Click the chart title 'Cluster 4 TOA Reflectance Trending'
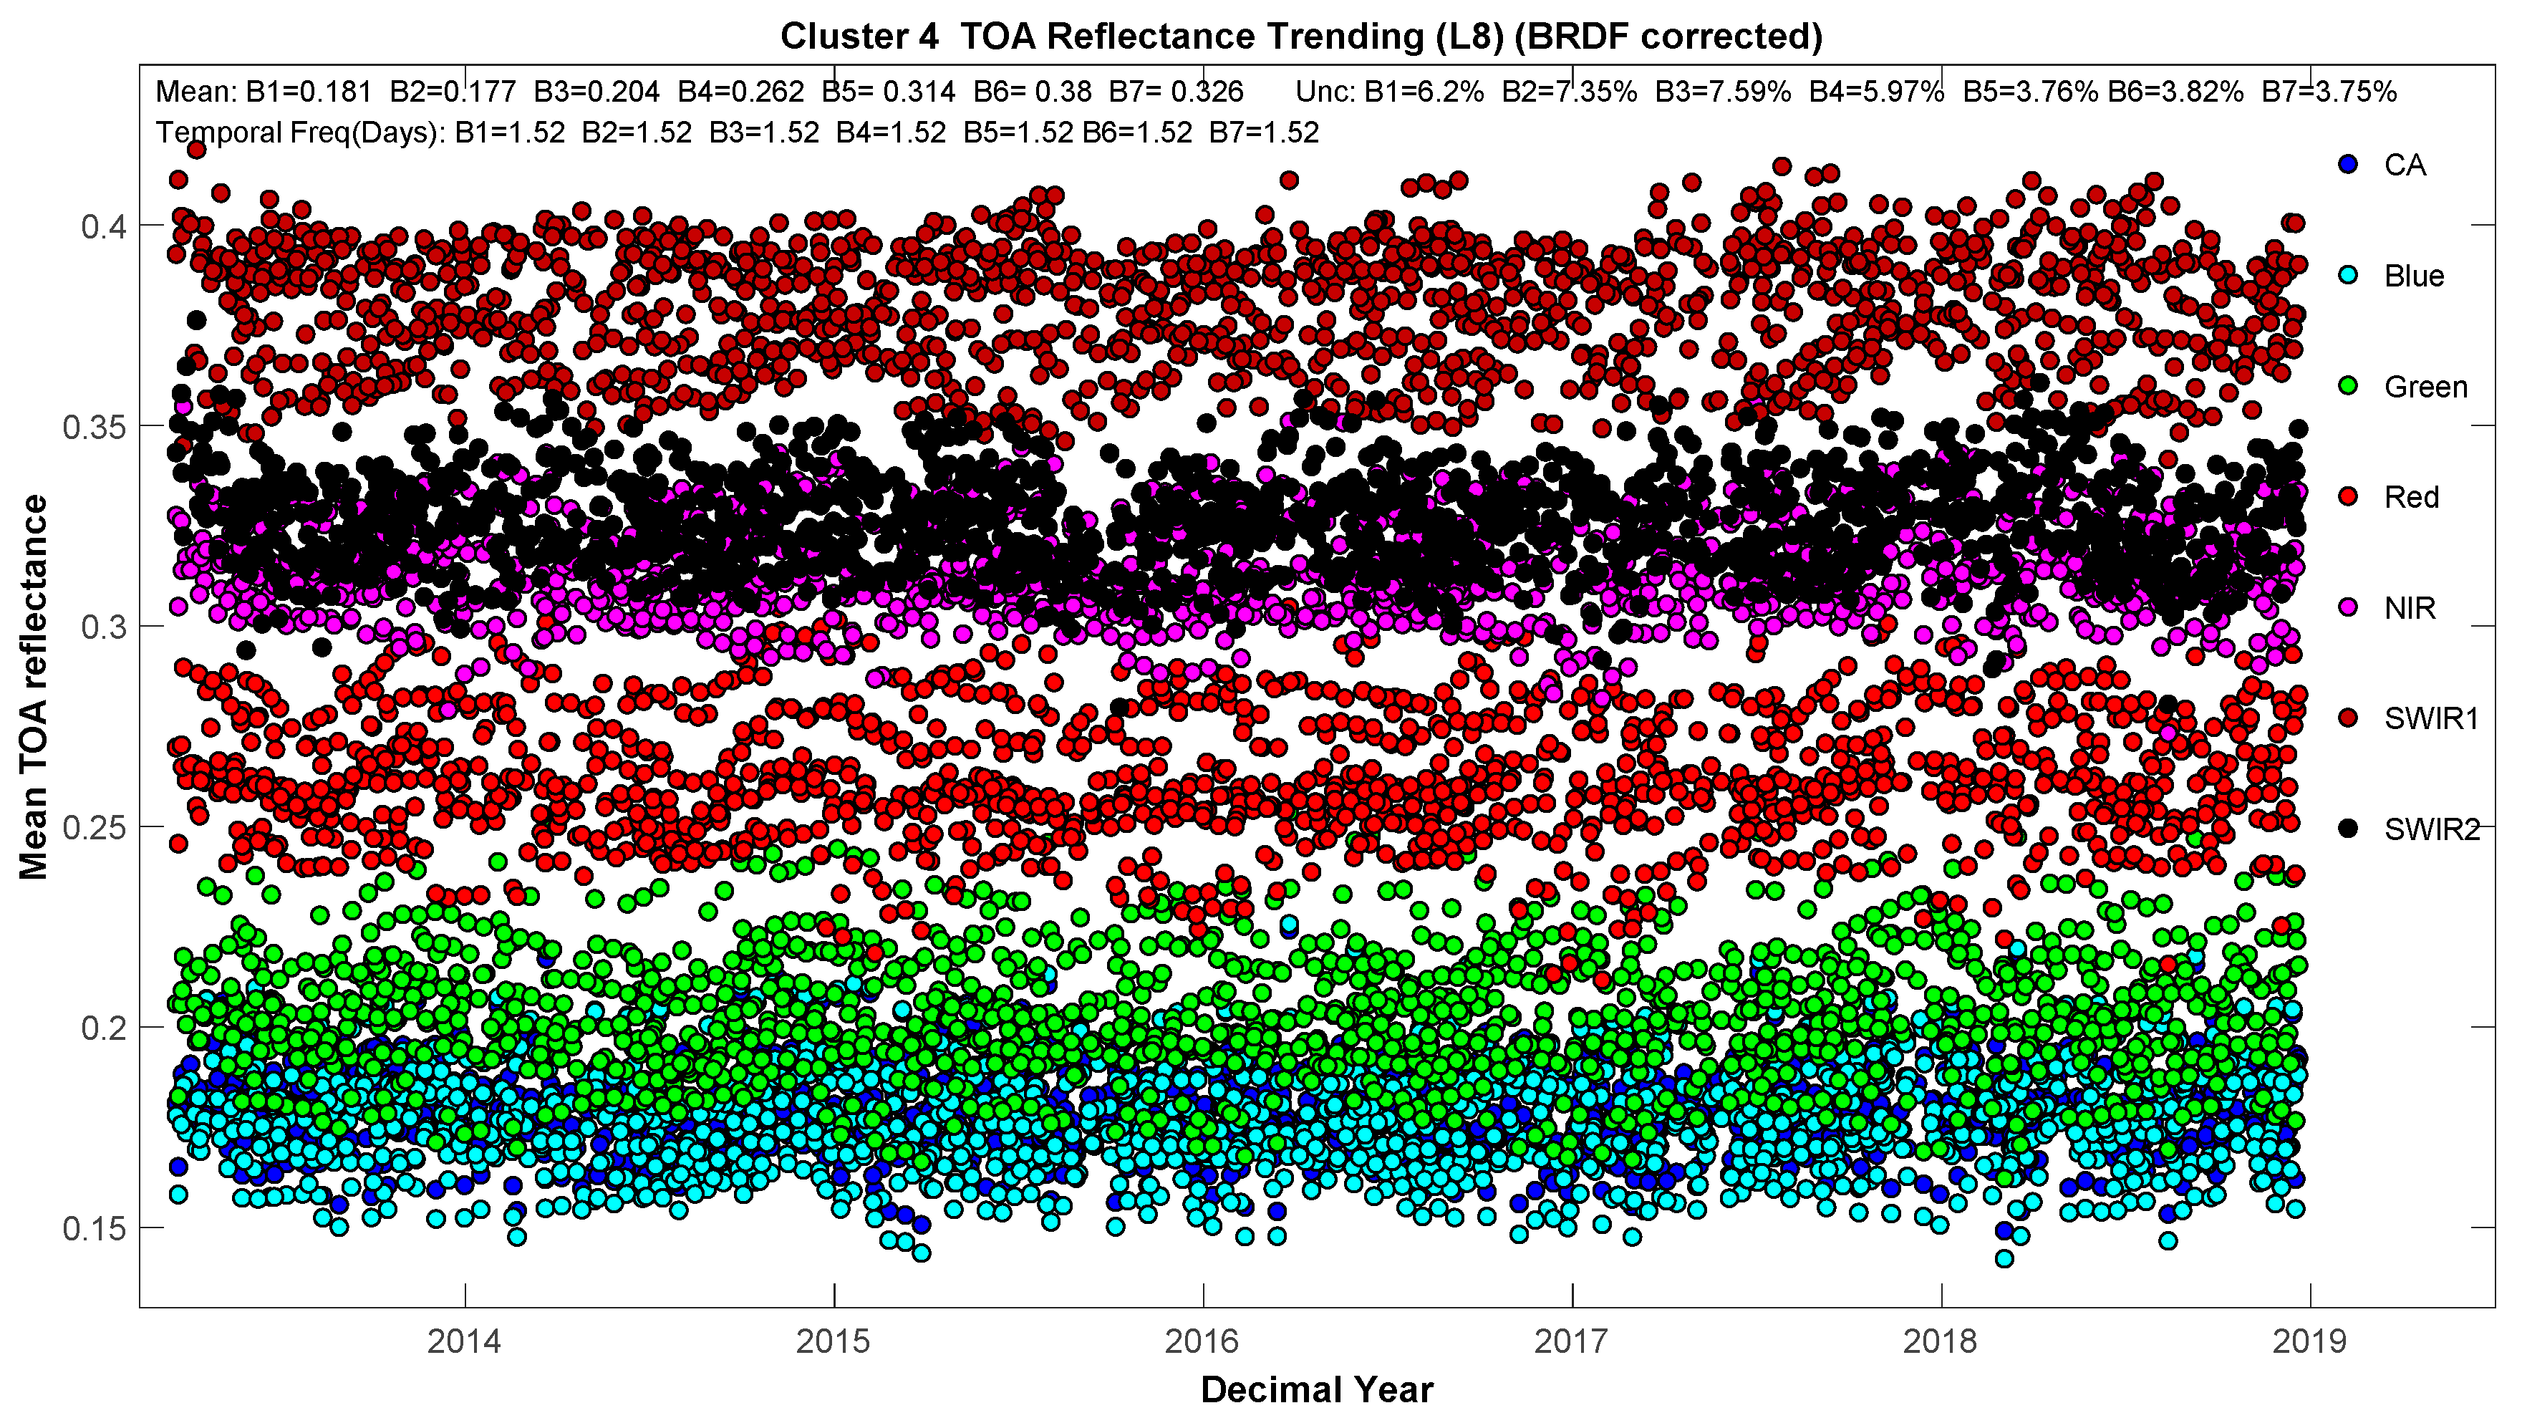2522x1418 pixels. pos(1300,37)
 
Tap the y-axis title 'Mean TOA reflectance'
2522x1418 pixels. pos(33,687)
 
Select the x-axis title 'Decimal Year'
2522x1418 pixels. pos(1317,1389)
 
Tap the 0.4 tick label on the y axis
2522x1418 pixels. pos(104,227)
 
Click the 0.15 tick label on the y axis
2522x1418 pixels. pos(96,1229)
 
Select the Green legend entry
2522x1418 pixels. pos(2425,387)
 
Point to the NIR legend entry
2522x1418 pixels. pos(2410,608)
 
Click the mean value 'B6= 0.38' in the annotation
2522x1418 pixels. pos(1032,92)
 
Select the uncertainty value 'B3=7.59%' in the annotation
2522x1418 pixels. pos(1722,92)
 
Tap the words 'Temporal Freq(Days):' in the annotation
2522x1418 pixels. pos(298,132)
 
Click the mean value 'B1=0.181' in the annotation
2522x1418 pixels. pos(309,92)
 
